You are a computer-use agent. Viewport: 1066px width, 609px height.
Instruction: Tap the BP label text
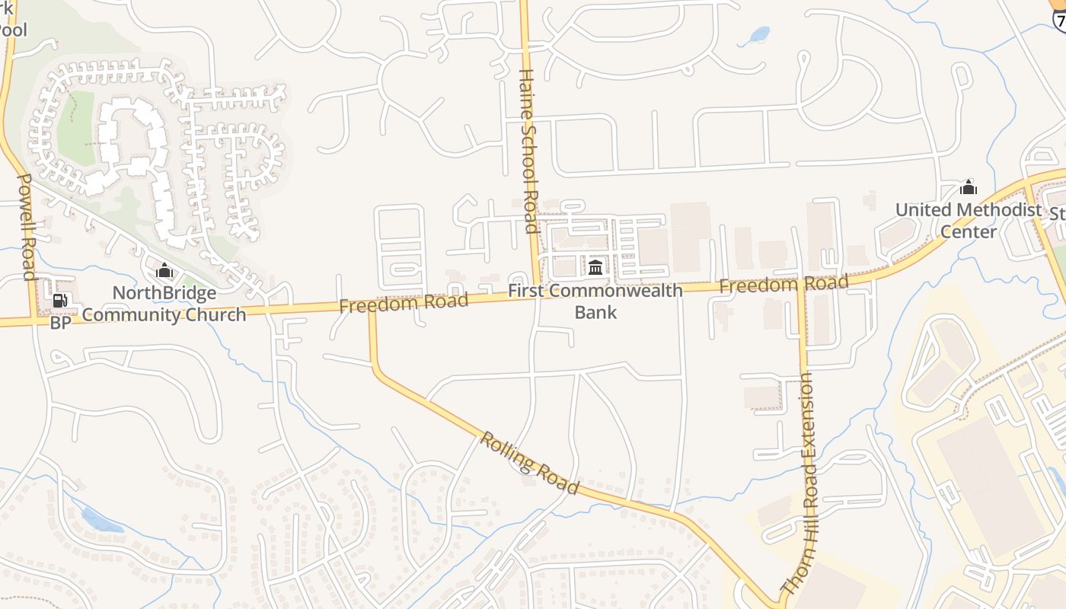pyautogui.click(x=60, y=323)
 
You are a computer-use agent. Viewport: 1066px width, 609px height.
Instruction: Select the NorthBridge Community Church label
pyautogui.click(x=164, y=304)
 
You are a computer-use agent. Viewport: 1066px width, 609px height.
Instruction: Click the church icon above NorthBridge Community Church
pyautogui.click(x=164, y=270)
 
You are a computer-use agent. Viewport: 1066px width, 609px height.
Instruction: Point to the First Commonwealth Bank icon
pyautogui.click(x=595, y=267)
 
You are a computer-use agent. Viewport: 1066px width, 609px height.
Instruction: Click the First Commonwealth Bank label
pyautogui.click(x=595, y=301)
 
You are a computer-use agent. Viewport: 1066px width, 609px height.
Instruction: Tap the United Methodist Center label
pyautogui.click(x=969, y=221)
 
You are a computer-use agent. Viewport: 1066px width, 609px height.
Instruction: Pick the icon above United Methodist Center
pyautogui.click(x=969, y=187)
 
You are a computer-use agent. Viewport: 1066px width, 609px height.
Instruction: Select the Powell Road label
pyautogui.click(x=27, y=227)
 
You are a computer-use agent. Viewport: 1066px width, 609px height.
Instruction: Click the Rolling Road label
pyautogui.click(x=530, y=463)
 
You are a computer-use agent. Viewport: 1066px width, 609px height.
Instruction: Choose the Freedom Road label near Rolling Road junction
pyautogui.click(x=404, y=303)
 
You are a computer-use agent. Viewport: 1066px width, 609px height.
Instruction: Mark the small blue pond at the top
pyautogui.click(x=758, y=36)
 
